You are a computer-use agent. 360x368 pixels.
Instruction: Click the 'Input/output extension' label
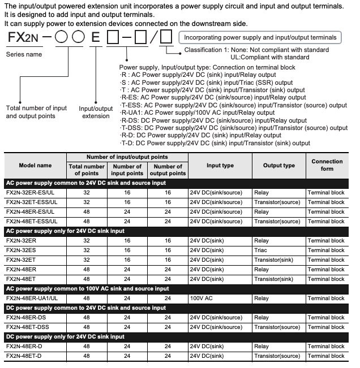(x=95, y=112)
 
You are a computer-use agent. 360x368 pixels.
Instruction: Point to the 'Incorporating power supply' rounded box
(x=260, y=38)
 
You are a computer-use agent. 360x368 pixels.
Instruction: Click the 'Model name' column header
(x=35, y=166)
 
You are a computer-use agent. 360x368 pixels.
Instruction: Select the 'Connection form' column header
(x=327, y=166)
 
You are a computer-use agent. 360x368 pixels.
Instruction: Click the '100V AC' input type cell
(x=202, y=298)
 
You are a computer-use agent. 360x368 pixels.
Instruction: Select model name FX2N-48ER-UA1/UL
(x=35, y=298)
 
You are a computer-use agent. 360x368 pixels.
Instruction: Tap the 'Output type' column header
(x=278, y=166)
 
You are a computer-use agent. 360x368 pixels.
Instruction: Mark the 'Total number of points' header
(x=87, y=170)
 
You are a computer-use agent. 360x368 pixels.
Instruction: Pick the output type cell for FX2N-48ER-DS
(x=261, y=317)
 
